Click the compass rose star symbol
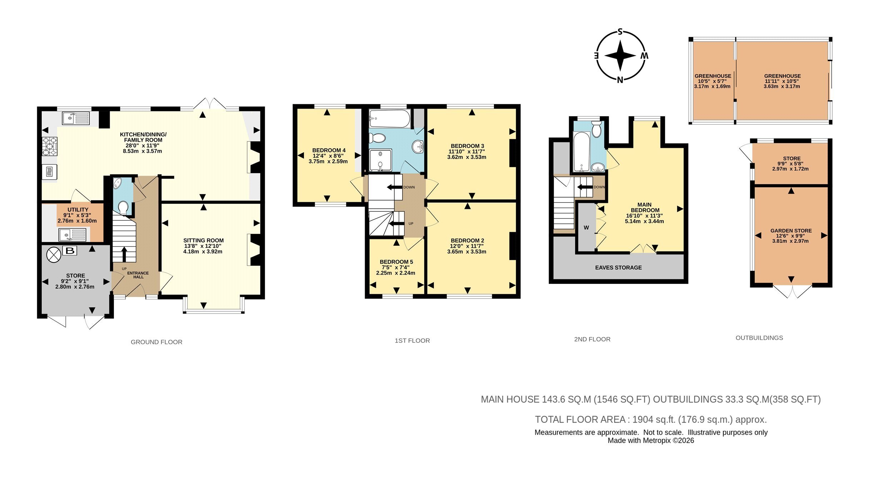tap(620, 56)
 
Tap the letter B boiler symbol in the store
tap(70, 251)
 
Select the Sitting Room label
tap(204, 240)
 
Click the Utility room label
tap(78, 210)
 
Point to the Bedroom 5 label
tap(396, 262)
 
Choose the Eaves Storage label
tap(618, 267)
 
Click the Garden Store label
tap(791, 231)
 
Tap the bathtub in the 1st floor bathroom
tap(390, 119)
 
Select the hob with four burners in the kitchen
tap(50, 146)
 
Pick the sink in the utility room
tap(73, 235)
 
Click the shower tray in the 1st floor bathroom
tap(380, 160)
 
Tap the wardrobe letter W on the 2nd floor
tap(586, 227)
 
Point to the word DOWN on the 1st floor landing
tap(409, 187)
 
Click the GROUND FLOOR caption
tap(156, 342)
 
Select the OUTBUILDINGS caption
tap(759, 338)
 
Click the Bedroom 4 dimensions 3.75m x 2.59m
tap(328, 161)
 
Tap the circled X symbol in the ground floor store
tap(54, 255)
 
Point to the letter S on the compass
tap(620, 32)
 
